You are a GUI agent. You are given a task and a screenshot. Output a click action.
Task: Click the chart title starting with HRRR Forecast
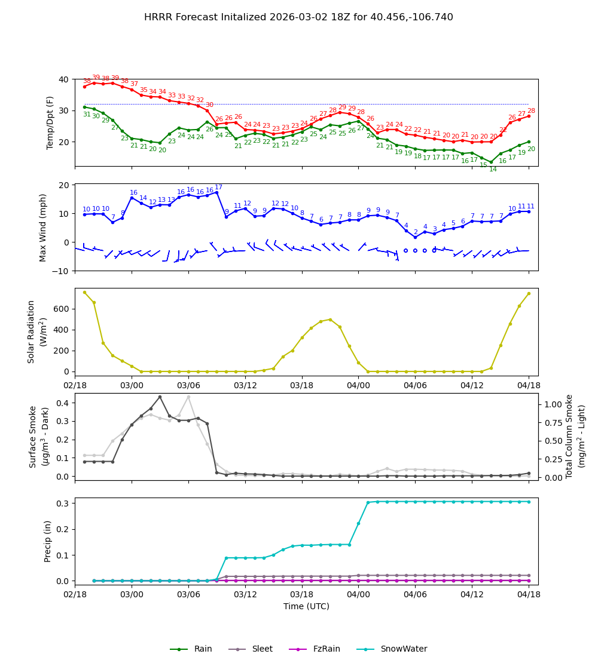(x=298, y=17)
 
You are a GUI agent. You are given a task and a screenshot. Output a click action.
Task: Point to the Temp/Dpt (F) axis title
(x=51, y=122)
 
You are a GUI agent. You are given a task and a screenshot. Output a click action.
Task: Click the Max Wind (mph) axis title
(x=43, y=227)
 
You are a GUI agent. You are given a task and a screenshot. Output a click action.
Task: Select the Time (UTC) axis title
(x=306, y=606)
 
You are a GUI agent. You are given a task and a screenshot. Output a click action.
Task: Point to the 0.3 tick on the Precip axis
(x=61, y=504)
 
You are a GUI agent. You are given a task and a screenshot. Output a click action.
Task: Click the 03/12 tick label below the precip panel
(x=245, y=595)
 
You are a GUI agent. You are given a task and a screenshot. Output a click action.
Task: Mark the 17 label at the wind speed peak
(x=219, y=188)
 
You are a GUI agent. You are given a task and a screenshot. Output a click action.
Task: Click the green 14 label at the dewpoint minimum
(x=493, y=170)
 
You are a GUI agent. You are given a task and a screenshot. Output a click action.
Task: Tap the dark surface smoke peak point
(x=160, y=397)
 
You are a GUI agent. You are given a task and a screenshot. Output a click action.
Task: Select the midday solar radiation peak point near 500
(x=330, y=320)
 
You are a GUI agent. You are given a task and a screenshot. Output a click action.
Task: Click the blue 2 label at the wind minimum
(x=416, y=232)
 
